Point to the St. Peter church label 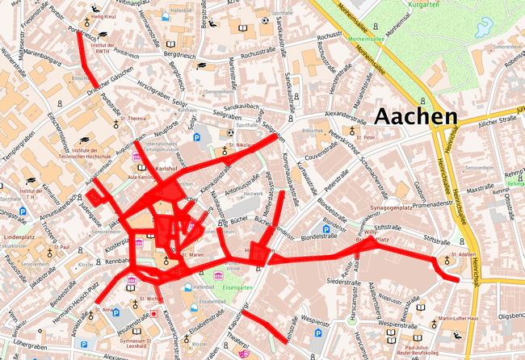[x=367, y=137]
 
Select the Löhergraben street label [x=31, y=345]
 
